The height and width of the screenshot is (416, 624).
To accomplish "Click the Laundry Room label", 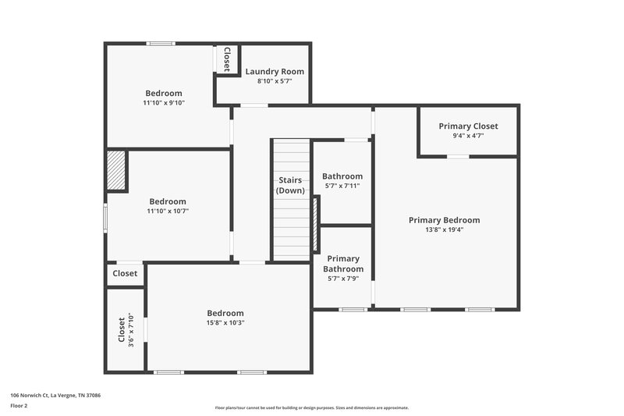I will (x=275, y=71).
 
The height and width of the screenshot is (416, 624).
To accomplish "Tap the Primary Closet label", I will (x=468, y=126).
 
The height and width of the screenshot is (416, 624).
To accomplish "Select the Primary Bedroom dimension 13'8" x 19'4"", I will (x=444, y=230).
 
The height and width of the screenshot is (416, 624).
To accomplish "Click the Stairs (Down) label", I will (x=291, y=185).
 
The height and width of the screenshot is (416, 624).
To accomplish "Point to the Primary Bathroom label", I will (x=343, y=264).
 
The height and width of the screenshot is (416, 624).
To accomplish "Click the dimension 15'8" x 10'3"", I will (x=225, y=322).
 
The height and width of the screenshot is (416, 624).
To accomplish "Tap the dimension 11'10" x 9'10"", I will (x=164, y=102).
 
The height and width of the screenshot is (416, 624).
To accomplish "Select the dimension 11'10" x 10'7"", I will (x=168, y=211).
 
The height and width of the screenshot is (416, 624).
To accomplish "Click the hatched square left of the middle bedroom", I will (x=116, y=170).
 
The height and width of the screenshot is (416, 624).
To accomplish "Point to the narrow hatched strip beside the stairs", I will (x=316, y=223).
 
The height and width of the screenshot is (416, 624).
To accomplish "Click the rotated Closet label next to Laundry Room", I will (x=226, y=59).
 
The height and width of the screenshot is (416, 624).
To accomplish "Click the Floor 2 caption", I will (x=19, y=406).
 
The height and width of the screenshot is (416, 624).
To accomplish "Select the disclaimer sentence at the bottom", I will (x=311, y=407).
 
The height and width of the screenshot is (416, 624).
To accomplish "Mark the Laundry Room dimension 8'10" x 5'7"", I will (x=275, y=80).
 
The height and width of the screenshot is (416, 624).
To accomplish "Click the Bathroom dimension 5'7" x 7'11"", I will (x=342, y=187).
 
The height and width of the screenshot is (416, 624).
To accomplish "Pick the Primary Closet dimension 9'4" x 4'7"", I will (x=468, y=135).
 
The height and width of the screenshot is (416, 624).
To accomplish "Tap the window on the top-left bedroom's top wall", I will (x=161, y=44).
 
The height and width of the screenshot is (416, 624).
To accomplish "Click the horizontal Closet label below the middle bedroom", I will (x=125, y=273).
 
